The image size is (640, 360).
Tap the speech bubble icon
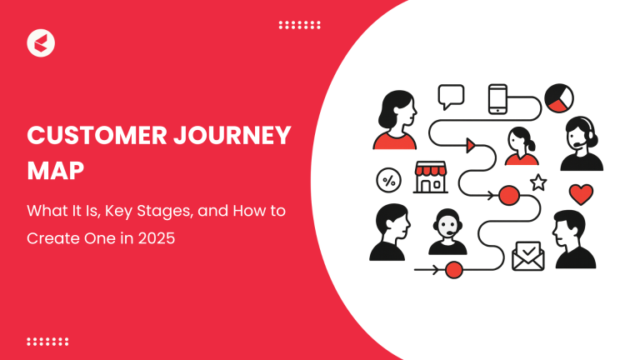pyautogui.click(x=451, y=96)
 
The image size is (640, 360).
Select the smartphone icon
pyautogui.click(x=498, y=97)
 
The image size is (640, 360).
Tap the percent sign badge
pyautogui.click(x=387, y=179)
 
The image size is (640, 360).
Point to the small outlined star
pyautogui.click(x=538, y=182)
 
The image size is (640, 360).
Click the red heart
pyautogui.click(x=581, y=194)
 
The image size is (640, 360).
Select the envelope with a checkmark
pyautogui.click(x=527, y=255)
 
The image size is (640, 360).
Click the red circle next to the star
pyautogui.click(x=507, y=197)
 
